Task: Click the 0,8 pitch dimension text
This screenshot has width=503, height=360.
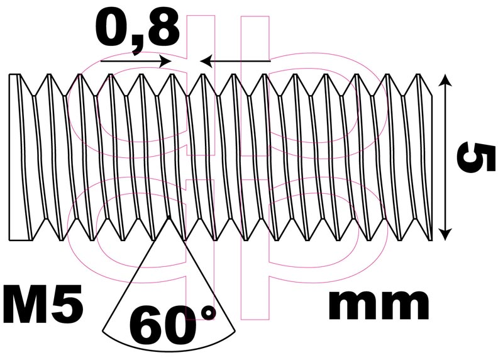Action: coord(137,31)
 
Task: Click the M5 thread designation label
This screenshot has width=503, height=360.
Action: coord(43,303)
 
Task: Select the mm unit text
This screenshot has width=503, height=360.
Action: coord(379,305)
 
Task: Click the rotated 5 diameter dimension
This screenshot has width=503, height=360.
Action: coord(472,157)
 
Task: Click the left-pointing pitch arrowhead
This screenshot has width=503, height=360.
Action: coord(206,60)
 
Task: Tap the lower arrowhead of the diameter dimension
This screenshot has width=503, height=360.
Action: coord(445,234)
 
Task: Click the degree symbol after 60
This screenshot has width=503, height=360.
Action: coord(209,312)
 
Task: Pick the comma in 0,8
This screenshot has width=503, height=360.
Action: coord(136,47)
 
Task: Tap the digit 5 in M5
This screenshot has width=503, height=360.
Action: coord(69,304)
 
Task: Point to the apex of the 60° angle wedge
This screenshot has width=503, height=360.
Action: coord(168,217)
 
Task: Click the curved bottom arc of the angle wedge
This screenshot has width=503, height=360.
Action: coord(168,343)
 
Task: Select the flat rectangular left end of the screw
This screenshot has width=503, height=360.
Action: coord(20,157)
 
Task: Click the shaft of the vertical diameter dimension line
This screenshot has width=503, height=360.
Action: coord(445,157)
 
